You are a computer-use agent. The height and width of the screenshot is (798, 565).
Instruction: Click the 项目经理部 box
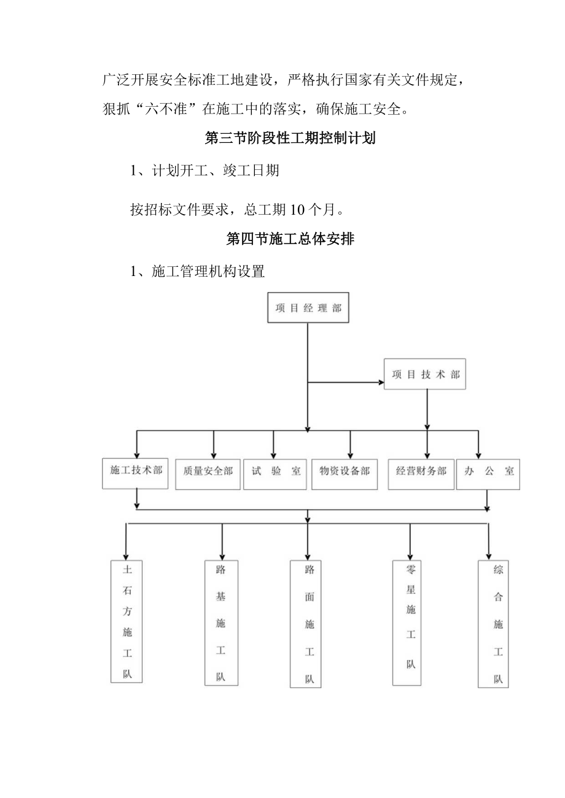coord(308,308)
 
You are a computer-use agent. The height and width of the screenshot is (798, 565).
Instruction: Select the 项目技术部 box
coord(425,374)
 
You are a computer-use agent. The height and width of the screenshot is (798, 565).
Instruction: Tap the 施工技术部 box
coord(135,473)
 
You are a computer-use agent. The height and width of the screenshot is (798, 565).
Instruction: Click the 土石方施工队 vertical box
coord(127,621)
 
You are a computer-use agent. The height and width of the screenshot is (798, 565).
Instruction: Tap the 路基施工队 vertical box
coord(221,623)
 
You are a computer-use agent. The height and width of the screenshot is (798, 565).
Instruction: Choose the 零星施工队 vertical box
coord(410,623)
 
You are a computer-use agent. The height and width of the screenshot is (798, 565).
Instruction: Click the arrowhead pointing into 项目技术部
coord(380,383)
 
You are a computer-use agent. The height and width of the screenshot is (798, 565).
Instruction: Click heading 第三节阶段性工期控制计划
coord(290,138)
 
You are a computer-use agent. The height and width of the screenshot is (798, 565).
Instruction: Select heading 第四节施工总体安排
coord(290,239)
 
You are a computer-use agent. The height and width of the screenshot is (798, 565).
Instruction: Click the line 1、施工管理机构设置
coord(197,271)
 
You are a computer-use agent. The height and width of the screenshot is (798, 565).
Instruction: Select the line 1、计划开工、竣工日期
coord(205,171)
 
